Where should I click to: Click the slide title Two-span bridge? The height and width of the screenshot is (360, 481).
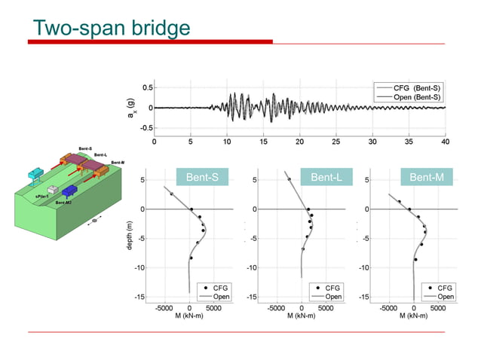[112, 28]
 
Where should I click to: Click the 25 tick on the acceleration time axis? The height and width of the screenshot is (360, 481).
[336, 141]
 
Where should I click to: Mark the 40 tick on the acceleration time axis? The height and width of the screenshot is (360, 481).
[445, 141]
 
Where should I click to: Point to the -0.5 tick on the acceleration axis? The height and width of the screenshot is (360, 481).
[147, 128]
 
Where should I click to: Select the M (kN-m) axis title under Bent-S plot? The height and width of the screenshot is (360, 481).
[190, 315]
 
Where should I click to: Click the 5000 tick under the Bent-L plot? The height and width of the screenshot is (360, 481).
[326, 307]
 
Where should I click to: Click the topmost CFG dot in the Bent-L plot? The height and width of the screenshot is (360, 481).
[289, 179]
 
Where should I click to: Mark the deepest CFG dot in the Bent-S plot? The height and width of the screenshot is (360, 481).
[191, 258]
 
